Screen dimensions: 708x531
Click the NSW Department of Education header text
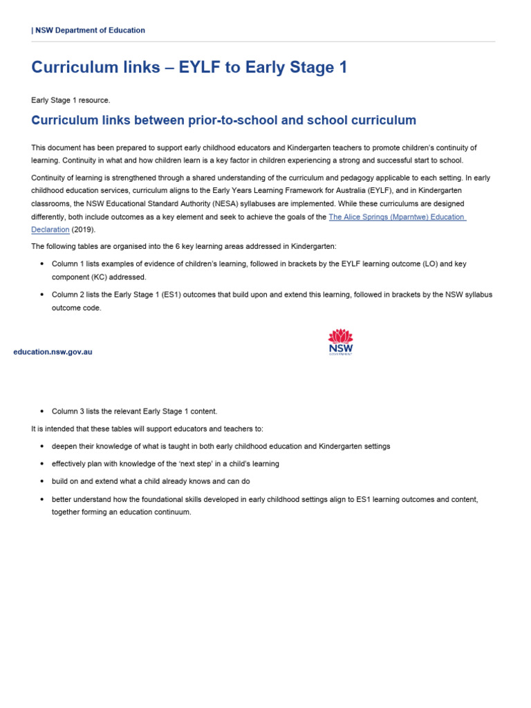click(88, 30)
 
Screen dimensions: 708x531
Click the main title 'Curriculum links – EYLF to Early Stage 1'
click(189, 67)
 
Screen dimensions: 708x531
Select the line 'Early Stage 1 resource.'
click(71, 100)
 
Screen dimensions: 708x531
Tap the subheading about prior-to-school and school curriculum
click(224, 120)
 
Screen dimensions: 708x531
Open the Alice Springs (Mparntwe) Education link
click(397, 216)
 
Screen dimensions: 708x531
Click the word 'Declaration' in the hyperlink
click(50, 230)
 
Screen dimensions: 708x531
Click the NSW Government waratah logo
click(340, 342)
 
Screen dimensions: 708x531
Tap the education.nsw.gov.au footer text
click(53, 352)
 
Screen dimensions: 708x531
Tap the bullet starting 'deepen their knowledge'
click(221, 447)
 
